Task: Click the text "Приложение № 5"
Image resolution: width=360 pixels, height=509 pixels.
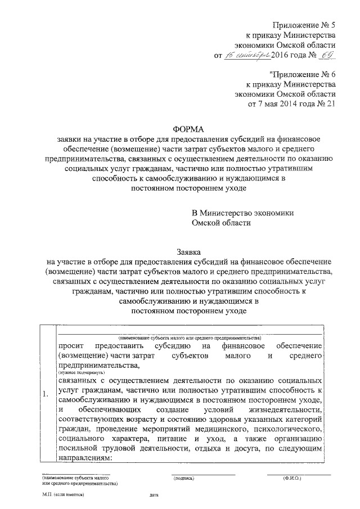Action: [304, 24]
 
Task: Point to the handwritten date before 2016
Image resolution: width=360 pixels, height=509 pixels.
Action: [247, 56]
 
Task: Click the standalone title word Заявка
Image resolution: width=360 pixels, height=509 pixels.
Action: [188, 252]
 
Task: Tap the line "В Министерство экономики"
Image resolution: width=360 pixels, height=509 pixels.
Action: [242, 213]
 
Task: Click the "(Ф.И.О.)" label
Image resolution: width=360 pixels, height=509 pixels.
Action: [291, 479]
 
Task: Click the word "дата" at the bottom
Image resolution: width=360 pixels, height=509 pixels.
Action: [155, 496]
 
